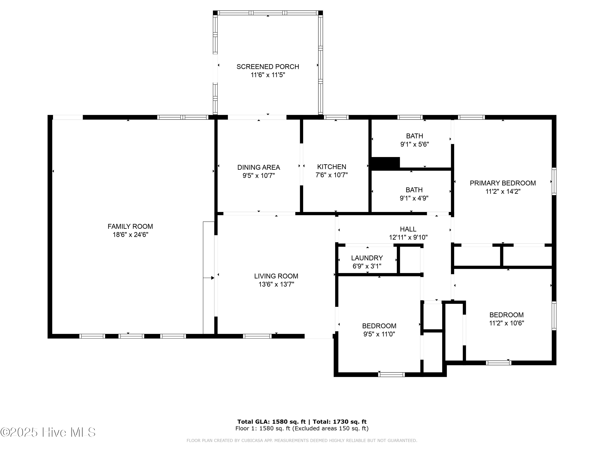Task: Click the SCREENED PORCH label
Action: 268,67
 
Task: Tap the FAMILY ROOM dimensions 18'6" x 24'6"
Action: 130,235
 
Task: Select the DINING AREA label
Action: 258,167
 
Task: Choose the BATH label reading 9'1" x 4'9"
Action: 414,190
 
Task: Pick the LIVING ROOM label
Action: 276,276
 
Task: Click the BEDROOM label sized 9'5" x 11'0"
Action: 379,326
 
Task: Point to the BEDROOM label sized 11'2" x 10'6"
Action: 506,315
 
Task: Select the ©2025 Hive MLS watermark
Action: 48,432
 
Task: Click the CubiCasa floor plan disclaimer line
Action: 302,441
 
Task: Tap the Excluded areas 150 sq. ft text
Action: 330,428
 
